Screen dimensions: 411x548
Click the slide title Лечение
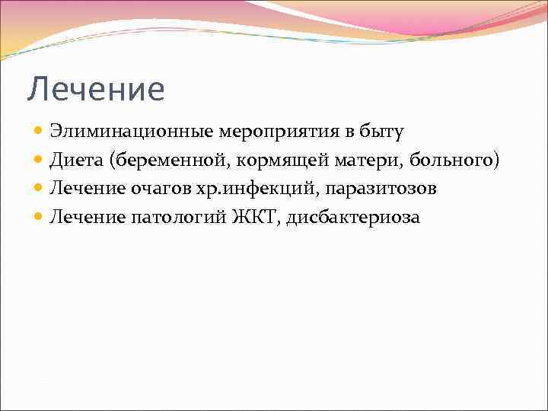[x=96, y=90]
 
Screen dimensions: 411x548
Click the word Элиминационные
[x=131, y=132]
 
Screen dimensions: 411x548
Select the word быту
[x=382, y=132]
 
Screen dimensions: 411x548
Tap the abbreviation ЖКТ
[x=255, y=217]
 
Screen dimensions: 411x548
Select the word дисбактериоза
[x=353, y=218]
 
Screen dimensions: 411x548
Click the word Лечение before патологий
[x=87, y=218]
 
